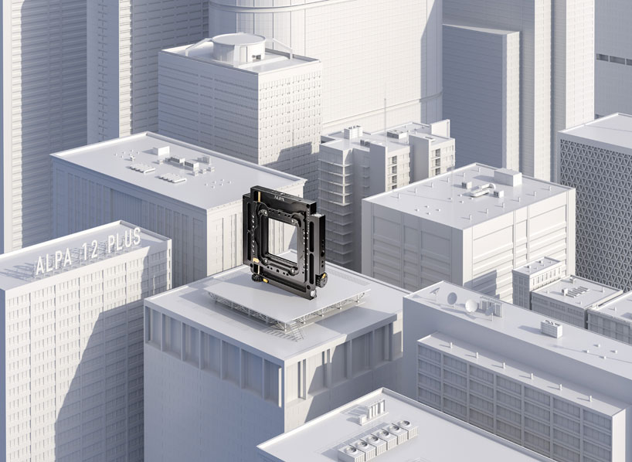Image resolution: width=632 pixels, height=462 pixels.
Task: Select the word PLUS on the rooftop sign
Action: [x=124, y=239]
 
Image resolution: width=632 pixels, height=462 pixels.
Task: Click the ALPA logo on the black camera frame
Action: [x=280, y=198]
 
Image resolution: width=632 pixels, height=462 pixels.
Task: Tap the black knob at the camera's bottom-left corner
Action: [x=257, y=279]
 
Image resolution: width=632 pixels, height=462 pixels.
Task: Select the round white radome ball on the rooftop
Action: [x=471, y=306]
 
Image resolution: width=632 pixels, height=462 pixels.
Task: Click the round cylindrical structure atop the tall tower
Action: [x=239, y=48]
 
